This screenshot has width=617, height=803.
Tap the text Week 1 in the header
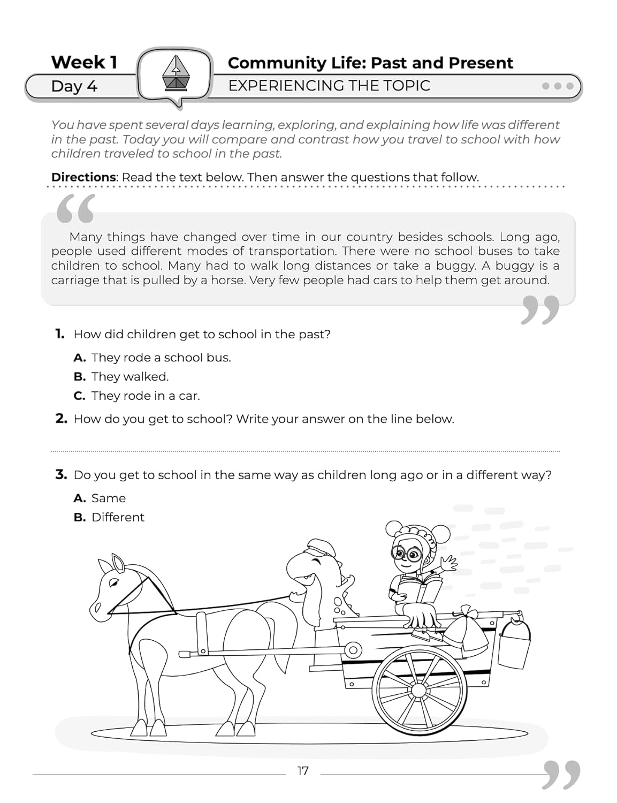tap(84, 63)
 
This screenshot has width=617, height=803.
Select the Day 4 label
tap(74, 86)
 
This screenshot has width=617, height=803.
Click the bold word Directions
tap(83, 177)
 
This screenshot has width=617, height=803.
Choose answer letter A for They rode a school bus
tap(80, 358)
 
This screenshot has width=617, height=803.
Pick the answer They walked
tap(130, 377)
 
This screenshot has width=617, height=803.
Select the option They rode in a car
tap(145, 396)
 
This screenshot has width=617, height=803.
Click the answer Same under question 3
tap(108, 498)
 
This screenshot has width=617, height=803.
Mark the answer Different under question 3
tap(118, 518)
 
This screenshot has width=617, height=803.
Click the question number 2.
tap(61, 419)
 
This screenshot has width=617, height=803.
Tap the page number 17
tap(303, 771)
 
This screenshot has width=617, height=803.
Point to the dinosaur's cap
tap(319, 549)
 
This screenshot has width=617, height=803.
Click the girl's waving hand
tap(448, 563)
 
